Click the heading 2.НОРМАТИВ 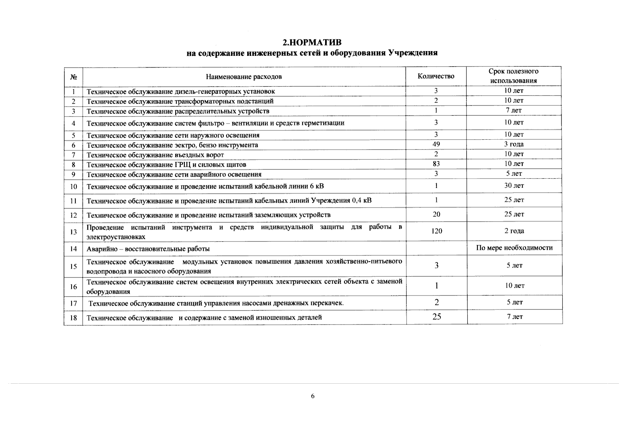click(312, 42)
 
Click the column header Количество click(436, 76)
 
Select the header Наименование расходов click(244, 77)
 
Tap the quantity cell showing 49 click(436, 144)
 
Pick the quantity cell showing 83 click(436, 164)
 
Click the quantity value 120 click(436, 231)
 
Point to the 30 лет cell click(514, 186)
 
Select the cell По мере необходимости click(514, 248)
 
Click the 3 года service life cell click(514, 144)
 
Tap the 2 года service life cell click(514, 231)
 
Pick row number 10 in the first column click(73, 187)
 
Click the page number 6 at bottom click(313, 396)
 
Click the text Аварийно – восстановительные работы click(148, 249)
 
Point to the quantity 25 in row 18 click(436, 317)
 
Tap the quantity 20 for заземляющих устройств click(436, 214)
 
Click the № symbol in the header click(73, 77)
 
